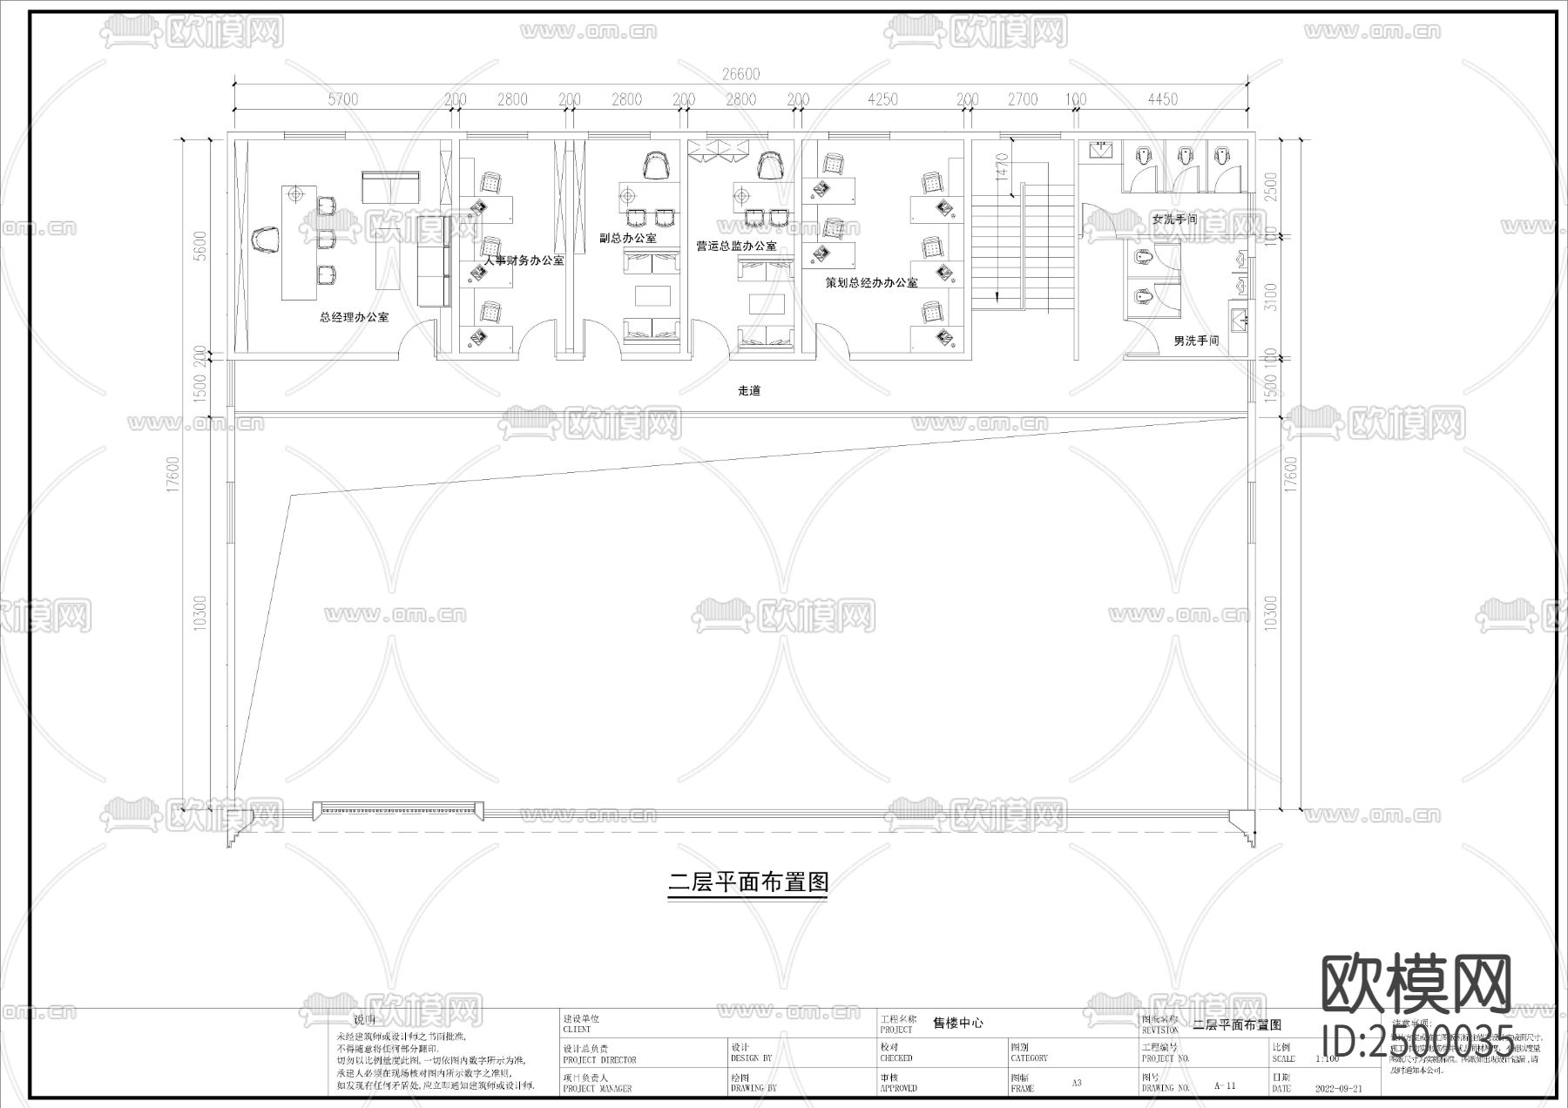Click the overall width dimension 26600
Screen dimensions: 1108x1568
pyautogui.click(x=741, y=74)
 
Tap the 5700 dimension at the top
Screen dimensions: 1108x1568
pyautogui.click(x=342, y=99)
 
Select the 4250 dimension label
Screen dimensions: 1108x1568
pyautogui.click(x=882, y=99)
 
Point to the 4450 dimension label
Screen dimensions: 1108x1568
pyautogui.click(x=1162, y=99)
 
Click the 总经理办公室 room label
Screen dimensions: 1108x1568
pyautogui.click(x=354, y=317)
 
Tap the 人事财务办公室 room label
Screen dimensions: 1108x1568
pyautogui.click(x=524, y=260)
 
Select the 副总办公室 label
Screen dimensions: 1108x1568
pyautogui.click(x=628, y=238)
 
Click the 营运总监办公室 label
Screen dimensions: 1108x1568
pyautogui.click(x=736, y=247)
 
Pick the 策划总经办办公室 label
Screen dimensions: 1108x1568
pyautogui.click(x=871, y=283)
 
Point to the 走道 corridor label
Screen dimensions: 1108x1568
pyautogui.click(x=749, y=391)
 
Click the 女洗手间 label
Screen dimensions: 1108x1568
pyautogui.click(x=1174, y=220)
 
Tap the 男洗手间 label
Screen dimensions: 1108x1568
pyautogui.click(x=1196, y=341)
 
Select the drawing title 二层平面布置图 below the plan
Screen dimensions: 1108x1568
pyautogui.click(x=747, y=882)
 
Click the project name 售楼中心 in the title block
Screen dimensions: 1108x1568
pyautogui.click(x=957, y=1024)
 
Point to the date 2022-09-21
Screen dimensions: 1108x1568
pyautogui.click(x=1338, y=1089)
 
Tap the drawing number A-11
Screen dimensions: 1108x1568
pyautogui.click(x=1224, y=1086)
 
